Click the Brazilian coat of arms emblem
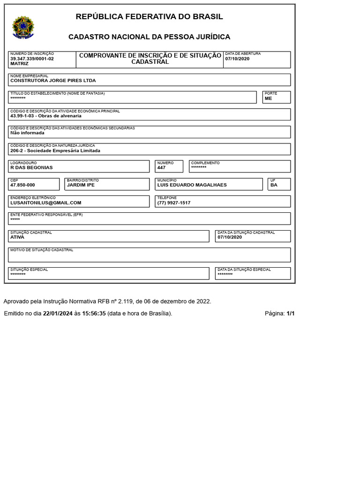point(22,27)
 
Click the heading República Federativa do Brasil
point(149,17)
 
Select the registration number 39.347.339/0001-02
point(32,59)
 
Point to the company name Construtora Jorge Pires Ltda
point(53,81)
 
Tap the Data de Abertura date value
point(237,59)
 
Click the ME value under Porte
point(268,98)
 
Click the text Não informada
point(27,133)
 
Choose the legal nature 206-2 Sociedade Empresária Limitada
point(55,151)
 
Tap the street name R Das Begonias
point(31,167)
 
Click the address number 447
point(161,167)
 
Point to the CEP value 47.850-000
point(22,185)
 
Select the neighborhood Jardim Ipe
point(81,185)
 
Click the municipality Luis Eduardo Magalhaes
point(192,185)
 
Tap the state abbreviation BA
point(274,185)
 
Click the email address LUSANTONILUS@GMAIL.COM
point(46,203)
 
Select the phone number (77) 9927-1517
point(174,203)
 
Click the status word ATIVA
point(17,237)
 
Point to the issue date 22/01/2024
point(58,314)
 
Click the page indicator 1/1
point(291,314)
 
